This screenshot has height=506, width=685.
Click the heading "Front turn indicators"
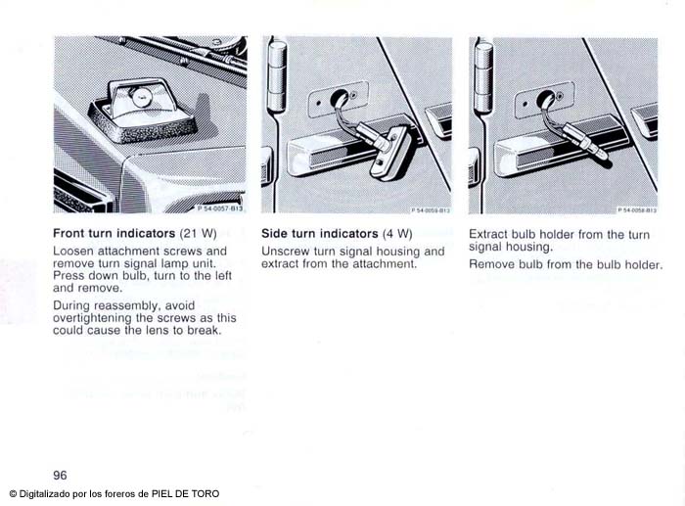(x=114, y=233)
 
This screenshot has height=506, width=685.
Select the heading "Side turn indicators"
(x=320, y=234)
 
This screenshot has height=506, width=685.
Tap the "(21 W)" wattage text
(x=199, y=233)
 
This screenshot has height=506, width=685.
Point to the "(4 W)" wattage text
(x=397, y=234)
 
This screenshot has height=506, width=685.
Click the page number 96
(x=60, y=476)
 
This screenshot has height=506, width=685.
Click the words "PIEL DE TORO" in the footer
(x=185, y=494)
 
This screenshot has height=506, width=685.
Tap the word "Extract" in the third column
(x=488, y=235)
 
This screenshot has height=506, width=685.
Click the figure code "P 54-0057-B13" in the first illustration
(x=220, y=208)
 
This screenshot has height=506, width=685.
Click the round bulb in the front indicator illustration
(x=140, y=98)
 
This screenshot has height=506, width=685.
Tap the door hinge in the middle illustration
(x=277, y=76)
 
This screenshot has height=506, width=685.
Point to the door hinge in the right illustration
(x=483, y=77)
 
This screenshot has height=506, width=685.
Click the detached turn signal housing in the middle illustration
(x=389, y=154)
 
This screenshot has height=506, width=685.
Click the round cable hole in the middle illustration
(x=339, y=97)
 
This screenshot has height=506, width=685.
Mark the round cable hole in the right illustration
(x=545, y=98)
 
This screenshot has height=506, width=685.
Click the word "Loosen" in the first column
(x=73, y=252)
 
